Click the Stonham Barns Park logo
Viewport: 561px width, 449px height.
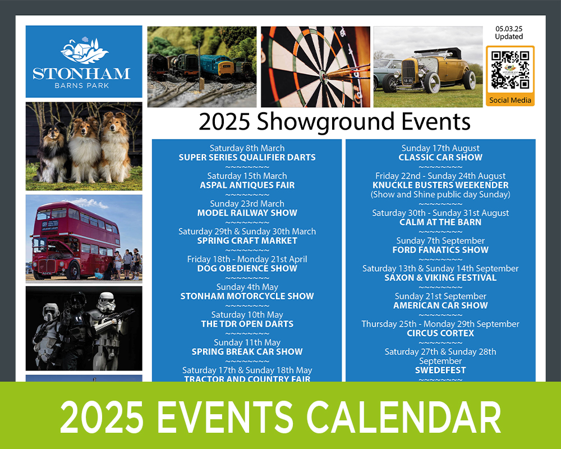(84, 62)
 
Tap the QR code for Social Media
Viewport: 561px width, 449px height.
(510, 70)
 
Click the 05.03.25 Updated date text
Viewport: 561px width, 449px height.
(509, 33)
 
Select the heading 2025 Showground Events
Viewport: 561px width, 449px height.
(334, 122)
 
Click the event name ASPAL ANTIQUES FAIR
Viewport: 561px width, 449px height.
(247, 185)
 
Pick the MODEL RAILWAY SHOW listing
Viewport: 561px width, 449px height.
(247, 213)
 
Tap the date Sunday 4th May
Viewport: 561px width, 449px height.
(247, 287)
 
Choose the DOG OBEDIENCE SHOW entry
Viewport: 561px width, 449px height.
(247, 268)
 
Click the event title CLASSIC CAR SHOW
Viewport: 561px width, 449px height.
(440, 157)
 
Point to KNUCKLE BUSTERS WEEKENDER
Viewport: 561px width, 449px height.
(440, 185)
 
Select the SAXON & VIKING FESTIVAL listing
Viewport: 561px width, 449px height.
(440, 277)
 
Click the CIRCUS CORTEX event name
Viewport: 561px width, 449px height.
(440, 333)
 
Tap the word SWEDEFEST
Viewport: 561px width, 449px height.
(440, 370)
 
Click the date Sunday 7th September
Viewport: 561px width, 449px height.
(440, 241)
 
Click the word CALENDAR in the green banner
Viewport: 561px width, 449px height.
(403, 417)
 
